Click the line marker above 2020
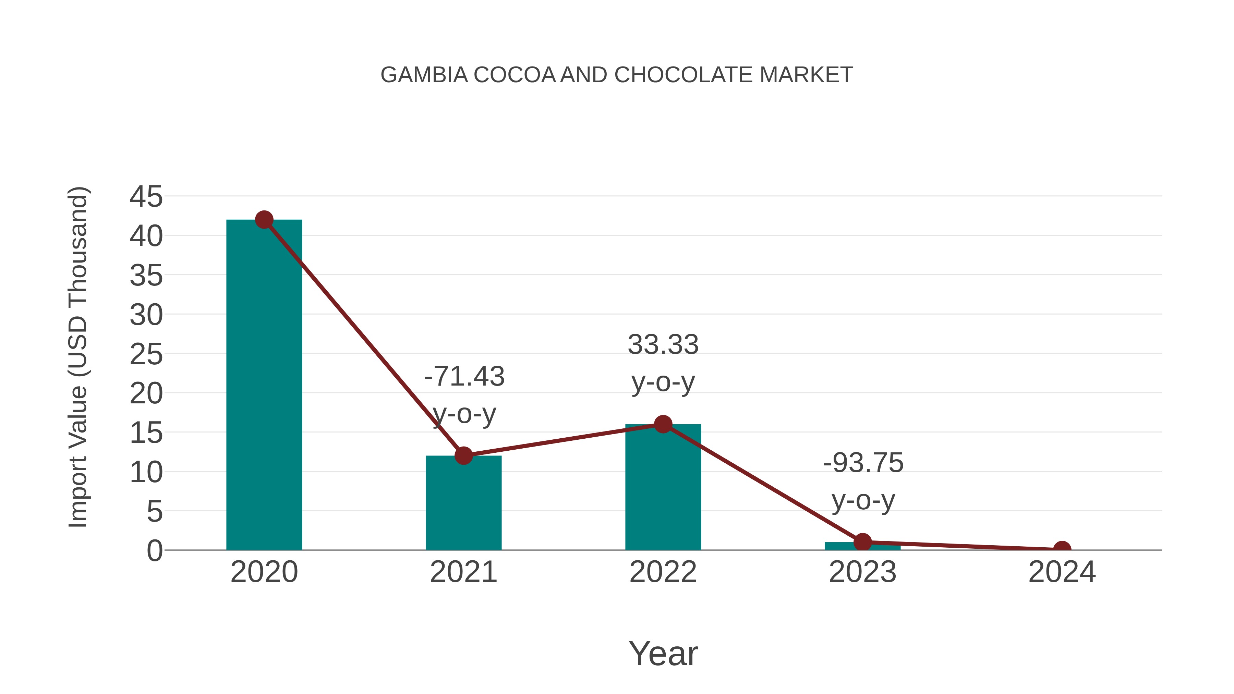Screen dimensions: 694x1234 coord(264,220)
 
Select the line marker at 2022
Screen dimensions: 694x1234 coord(663,424)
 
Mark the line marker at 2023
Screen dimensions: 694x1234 coord(862,542)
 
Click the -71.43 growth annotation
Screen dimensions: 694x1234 coord(464,376)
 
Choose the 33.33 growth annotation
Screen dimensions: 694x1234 coord(663,345)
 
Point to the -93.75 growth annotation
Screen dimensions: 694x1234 coord(863,463)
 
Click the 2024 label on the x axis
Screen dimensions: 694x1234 coord(1062,572)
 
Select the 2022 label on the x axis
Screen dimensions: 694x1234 coord(663,572)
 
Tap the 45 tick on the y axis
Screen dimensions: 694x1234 coord(146,196)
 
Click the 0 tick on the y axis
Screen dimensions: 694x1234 coord(154,551)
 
